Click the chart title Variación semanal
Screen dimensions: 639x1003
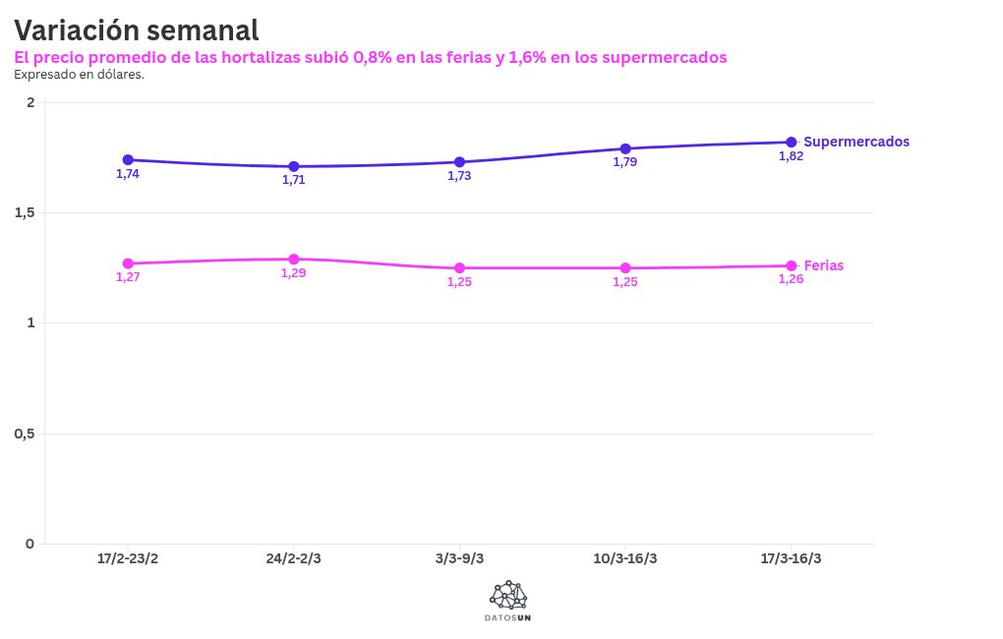(x=137, y=30)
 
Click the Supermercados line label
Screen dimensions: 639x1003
(x=856, y=142)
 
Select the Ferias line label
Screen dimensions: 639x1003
(x=824, y=265)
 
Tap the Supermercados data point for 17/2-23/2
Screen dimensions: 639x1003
(x=128, y=159)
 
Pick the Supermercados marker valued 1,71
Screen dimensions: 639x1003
(x=294, y=166)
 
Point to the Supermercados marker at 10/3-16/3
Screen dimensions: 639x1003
(x=625, y=148)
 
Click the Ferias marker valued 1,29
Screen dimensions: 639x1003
(x=294, y=260)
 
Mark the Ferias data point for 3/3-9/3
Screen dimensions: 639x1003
(x=459, y=267)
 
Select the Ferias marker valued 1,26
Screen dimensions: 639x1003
(x=792, y=265)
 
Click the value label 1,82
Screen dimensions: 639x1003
(x=791, y=155)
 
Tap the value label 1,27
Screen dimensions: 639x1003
(x=128, y=276)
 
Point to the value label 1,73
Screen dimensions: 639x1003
(x=459, y=175)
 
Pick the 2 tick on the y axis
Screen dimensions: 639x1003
(x=30, y=102)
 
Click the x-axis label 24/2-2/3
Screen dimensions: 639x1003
(x=293, y=558)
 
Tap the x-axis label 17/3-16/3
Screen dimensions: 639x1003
(x=792, y=558)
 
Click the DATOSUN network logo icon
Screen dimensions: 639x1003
(x=508, y=594)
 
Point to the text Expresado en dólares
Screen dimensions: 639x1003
(x=79, y=74)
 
